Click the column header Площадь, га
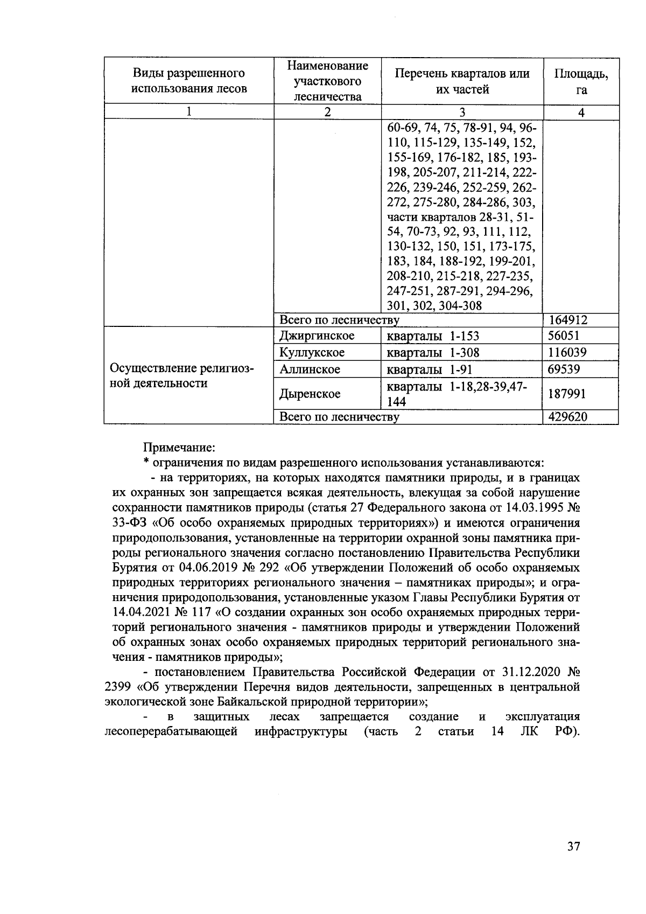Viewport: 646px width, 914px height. [x=581, y=81]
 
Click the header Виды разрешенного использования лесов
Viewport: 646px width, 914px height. [x=189, y=81]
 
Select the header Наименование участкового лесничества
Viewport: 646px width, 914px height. [x=327, y=81]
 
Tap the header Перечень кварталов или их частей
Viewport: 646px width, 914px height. [x=462, y=81]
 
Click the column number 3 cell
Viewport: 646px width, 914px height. [x=462, y=112]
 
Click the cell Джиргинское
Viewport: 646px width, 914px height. [x=317, y=336]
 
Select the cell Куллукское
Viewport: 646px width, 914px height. [x=312, y=353]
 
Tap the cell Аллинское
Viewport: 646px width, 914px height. [x=310, y=369]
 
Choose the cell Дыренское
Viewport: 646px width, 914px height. [x=310, y=394]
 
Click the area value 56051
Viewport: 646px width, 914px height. [x=564, y=336]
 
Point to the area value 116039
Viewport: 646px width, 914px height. [x=567, y=353]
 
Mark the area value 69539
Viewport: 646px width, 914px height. [x=564, y=369]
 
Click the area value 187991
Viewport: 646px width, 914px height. [x=567, y=394]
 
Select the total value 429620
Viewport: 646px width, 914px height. [x=567, y=417]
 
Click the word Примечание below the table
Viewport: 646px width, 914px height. [x=179, y=447]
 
